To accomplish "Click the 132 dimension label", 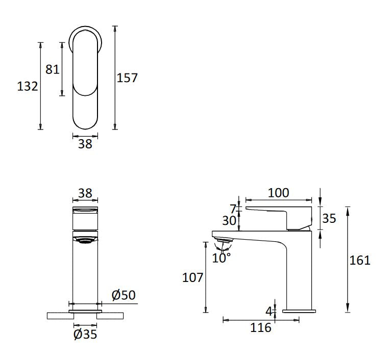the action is pyautogui.click(x=28, y=87).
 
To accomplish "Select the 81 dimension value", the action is pyautogui.click(x=52, y=69).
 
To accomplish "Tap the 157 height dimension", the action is pyautogui.click(x=127, y=78).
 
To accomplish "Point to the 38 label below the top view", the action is pyautogui.click(x=85, y=144).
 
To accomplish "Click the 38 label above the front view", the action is pyautogui.click(x=85, y=193).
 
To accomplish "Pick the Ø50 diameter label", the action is pyautogui.click(x=124, y=295).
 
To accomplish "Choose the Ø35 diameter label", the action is pyautogui.click(x=85, y=334).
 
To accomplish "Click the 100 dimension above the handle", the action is pyautogui.click(x=278, y=193).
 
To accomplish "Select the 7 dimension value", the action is pyautogui.click(x=233, y=209).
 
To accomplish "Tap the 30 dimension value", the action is pyautogui.click(x=229, y=221).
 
